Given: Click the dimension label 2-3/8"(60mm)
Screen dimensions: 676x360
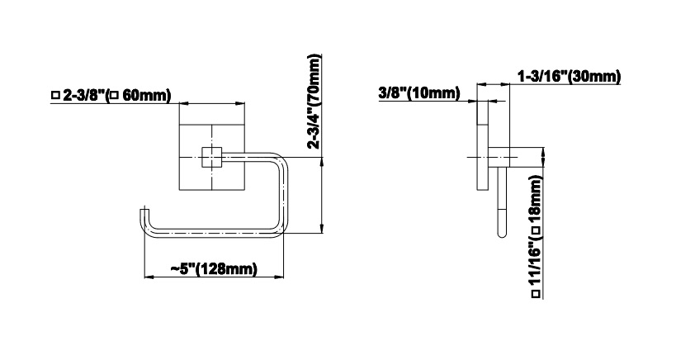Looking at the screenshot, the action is click(111, 95).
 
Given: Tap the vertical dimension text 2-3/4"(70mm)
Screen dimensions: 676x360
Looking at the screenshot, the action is click(314, 102).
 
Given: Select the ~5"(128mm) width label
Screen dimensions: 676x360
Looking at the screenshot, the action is click(214, 269).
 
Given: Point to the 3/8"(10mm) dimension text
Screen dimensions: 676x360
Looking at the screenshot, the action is click(419, 92).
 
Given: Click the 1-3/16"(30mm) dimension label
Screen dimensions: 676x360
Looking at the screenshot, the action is click(569, 77).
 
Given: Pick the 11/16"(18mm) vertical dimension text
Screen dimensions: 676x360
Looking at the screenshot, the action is click(536, 236).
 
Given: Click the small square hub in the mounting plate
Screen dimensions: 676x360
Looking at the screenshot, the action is click(211, 157).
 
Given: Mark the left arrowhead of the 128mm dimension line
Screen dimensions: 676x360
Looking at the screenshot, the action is click(149, 277).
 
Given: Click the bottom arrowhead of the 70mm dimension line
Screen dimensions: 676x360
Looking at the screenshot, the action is click(321, 229).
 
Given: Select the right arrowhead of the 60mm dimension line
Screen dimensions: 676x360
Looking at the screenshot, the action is click(239, 103).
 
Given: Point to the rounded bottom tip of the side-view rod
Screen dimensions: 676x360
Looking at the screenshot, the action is click(502, 235).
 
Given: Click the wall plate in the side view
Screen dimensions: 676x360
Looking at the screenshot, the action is click(482, 145).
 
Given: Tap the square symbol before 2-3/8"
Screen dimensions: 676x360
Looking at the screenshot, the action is click(54, 95).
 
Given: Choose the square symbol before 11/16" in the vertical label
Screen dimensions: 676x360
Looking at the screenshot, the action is click(536, 294).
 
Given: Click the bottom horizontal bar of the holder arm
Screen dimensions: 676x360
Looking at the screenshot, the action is click(214, 233).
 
